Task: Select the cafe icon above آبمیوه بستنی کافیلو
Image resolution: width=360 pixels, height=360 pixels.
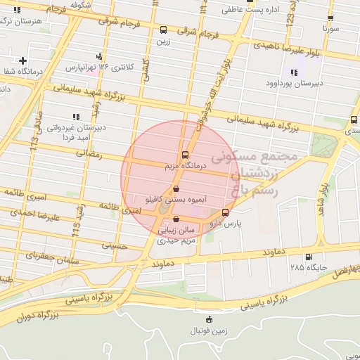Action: pos(176,188)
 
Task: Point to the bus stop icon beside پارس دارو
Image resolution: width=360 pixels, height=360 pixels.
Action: pos(225,212)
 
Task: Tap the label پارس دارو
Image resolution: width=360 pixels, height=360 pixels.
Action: pos(228,223)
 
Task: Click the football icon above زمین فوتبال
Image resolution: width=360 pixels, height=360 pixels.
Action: pos(207,321)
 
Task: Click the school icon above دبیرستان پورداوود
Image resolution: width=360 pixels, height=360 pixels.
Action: pos(293,72)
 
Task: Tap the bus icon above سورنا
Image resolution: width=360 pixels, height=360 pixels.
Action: pos(330,19)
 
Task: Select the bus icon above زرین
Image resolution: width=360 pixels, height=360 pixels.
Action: pos(163,30)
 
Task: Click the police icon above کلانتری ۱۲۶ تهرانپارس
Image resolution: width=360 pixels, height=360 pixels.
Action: pos(99,56)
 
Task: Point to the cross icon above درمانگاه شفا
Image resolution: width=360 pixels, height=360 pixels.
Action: pos(23,60)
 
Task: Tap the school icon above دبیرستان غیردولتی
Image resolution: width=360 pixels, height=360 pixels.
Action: pos(75,117)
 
